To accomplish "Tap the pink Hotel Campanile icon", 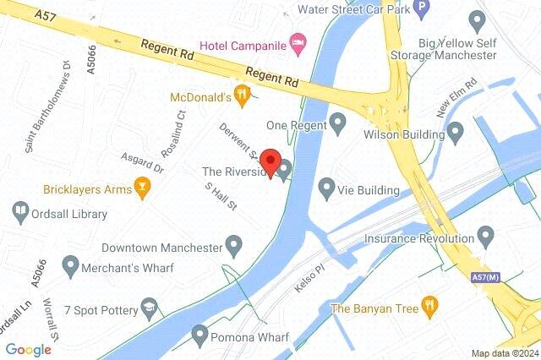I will [297, 41].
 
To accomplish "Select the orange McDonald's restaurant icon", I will [243, 97].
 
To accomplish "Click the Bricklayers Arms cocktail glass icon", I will [143, 188].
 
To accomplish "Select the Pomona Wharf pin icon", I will [199, 336].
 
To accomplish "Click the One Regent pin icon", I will [337, 124].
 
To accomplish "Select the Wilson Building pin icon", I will [456, 133].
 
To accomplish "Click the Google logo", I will [28, 349].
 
